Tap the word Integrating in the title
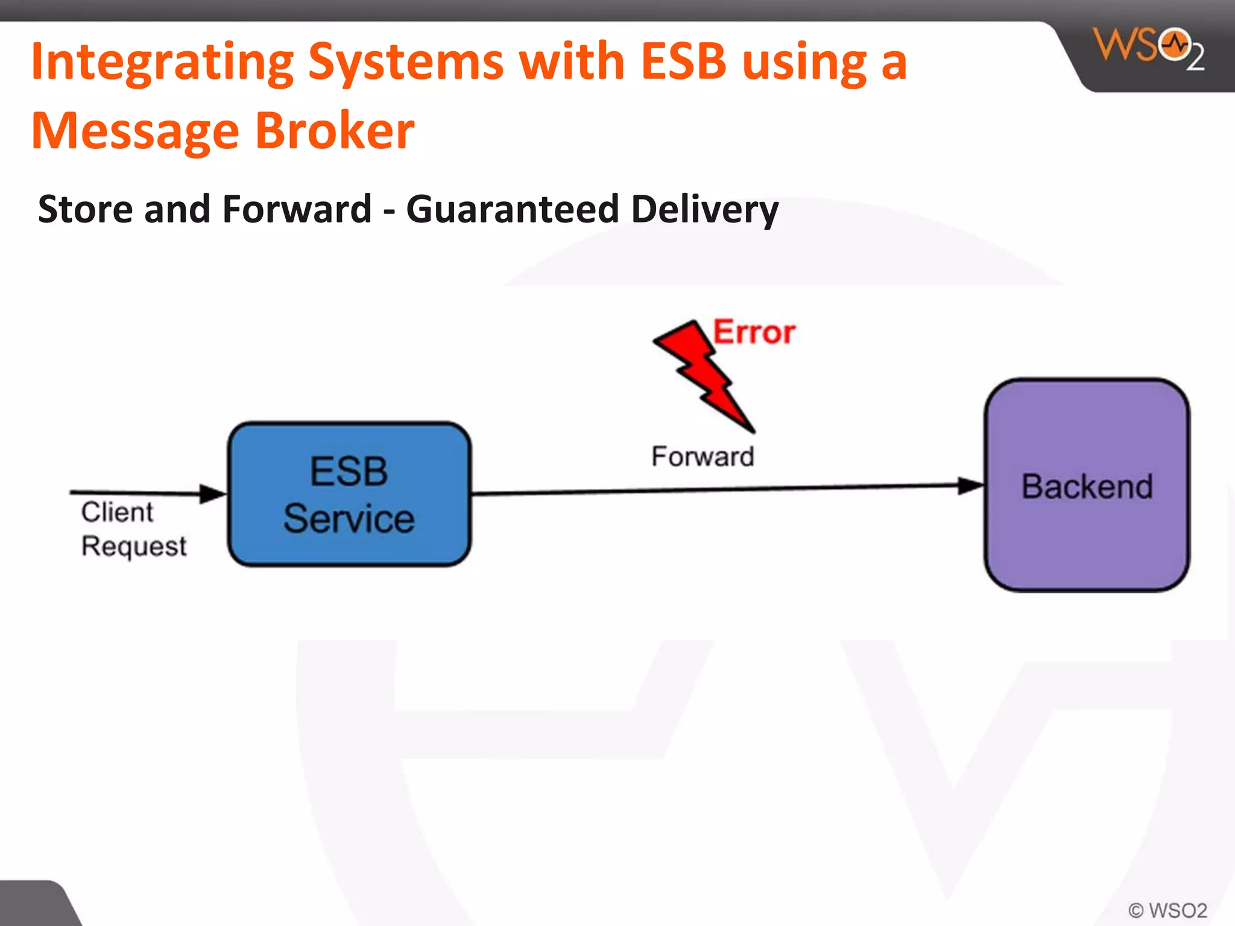point(162,62)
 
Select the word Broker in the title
point(335,131)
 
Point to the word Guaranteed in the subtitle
point(512,209)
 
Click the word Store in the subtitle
point(85,209)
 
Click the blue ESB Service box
point(349,494)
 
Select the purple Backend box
point(1087,485)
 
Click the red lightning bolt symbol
point(703,374)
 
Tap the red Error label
point(754,332)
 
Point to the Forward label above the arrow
point(703,456)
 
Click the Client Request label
point(133,529)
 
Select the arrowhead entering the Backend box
point(971,485)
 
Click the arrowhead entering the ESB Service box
point(212,494)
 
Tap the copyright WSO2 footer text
point(1167,910)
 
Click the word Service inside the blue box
point(349,518)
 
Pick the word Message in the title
point(135,131)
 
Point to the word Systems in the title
point(406,62)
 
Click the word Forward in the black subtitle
point(297,209)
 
